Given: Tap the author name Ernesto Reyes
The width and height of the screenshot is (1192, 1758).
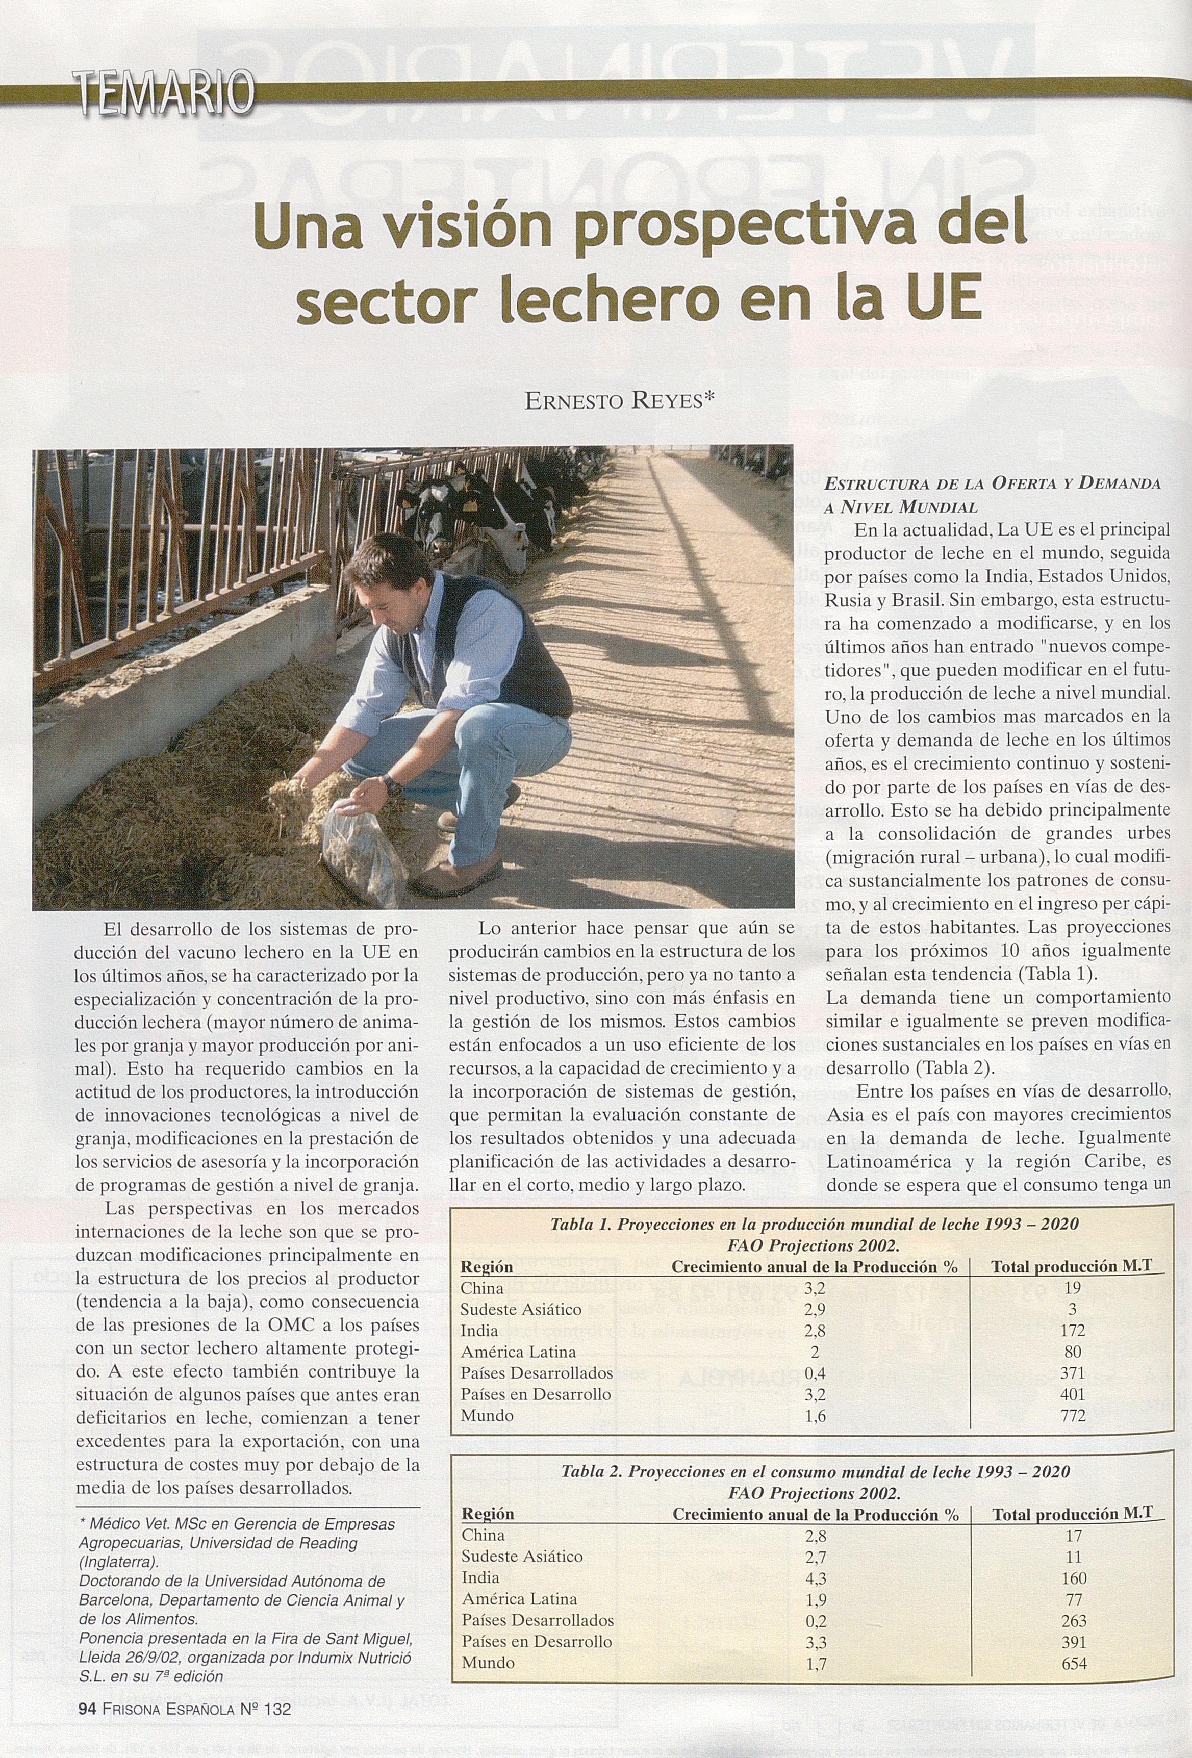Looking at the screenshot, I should point(619,402).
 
